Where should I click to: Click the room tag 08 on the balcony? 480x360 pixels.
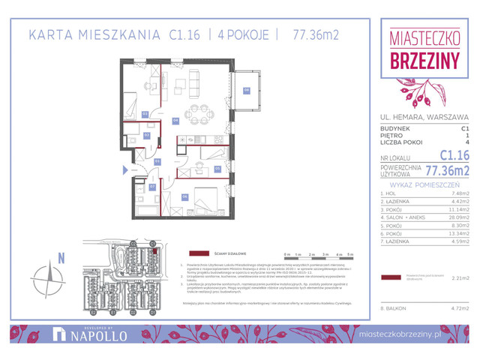coord(246,91)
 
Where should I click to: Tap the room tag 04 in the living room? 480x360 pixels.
coord(175,119)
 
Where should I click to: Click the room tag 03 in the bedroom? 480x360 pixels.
coord(145,114)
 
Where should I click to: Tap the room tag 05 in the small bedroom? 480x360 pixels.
coord(217,169)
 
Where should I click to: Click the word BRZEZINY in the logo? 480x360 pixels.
coord(424,61)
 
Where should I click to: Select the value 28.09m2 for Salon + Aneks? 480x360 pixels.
coord(459,217)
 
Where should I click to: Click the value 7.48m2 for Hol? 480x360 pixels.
coord(459,193)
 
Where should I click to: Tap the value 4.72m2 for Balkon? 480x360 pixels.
coord(459,307)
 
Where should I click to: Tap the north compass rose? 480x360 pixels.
coord(50,277)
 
